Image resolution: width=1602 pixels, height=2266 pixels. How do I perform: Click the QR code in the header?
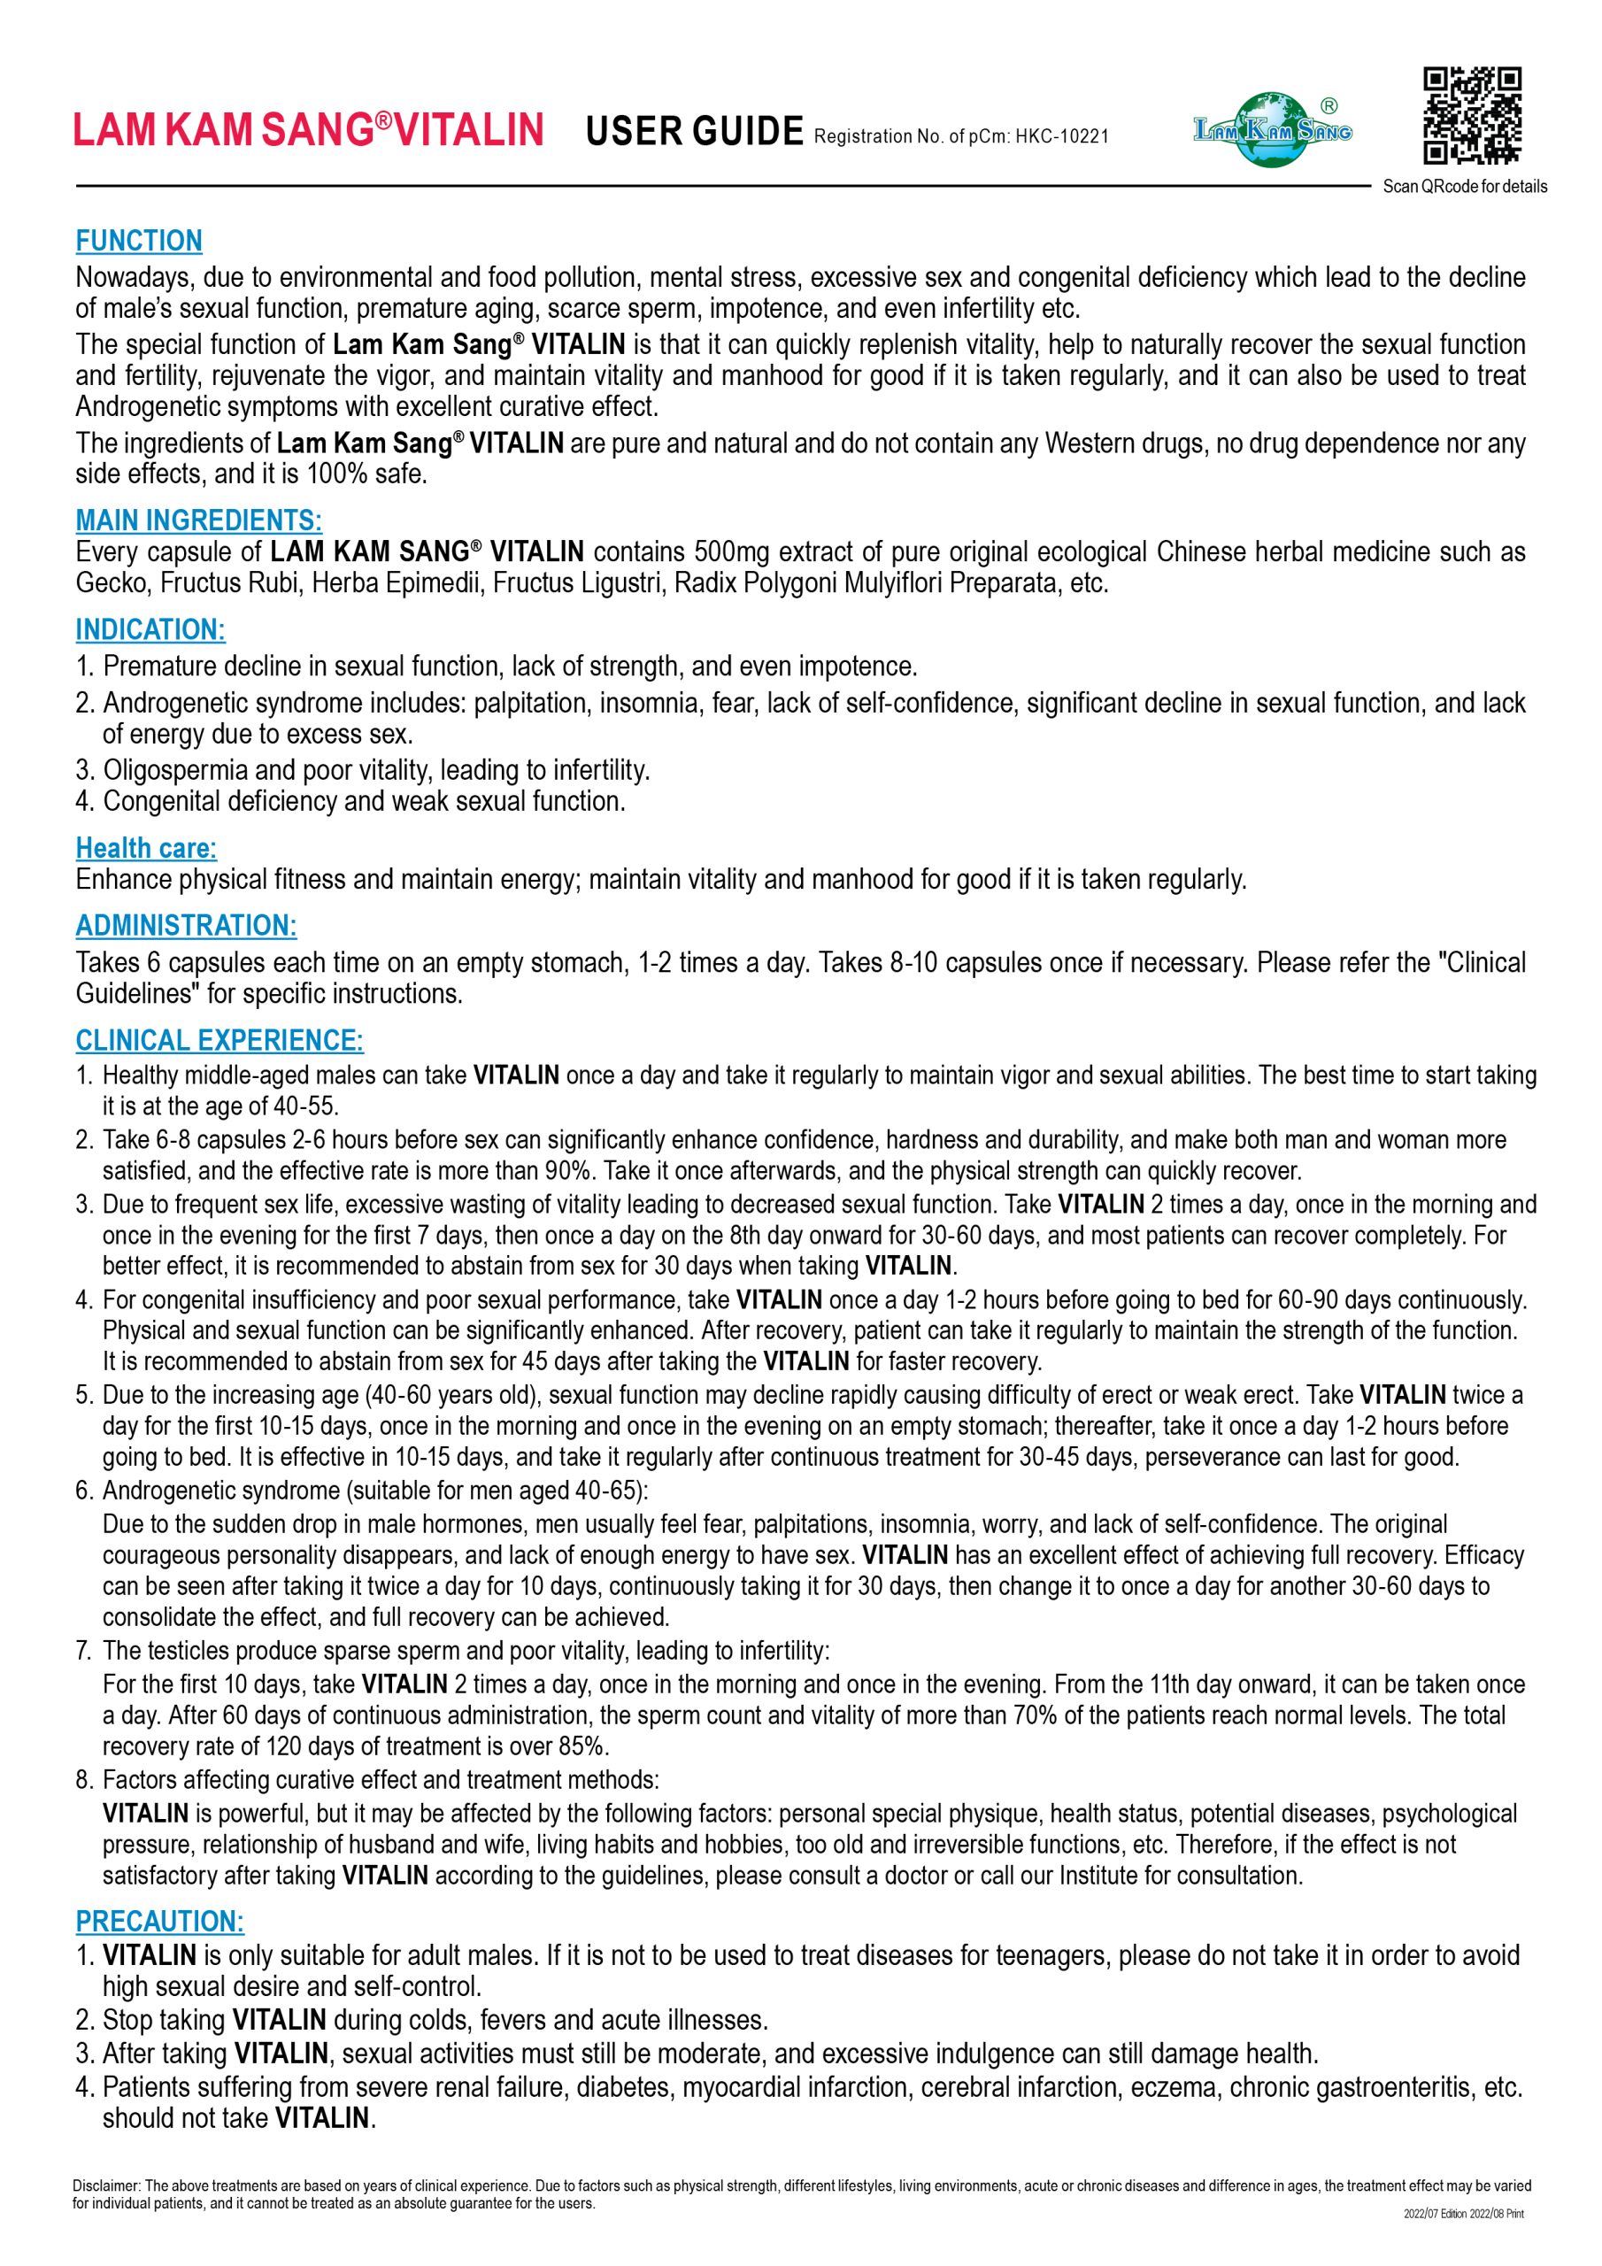[x=1472, y=114]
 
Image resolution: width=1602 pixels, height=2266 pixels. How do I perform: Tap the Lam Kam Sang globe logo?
[x=1271, y=129]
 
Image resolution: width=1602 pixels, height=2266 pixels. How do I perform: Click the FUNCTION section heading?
[x=139, y=241]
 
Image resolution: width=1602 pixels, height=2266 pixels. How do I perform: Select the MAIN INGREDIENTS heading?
[x=198, y=520]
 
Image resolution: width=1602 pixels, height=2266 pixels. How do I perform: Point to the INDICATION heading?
[x=150, y=629]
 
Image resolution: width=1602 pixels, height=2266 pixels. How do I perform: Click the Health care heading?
[x=146, y=848]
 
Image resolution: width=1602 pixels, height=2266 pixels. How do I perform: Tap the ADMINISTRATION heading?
[x=186, y=926]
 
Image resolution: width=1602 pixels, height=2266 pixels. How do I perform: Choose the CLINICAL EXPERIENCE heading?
[x=220, y=1040]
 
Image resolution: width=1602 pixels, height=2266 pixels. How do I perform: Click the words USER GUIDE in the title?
[x=694, y=130]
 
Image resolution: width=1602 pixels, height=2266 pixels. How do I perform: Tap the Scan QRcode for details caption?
[x=1465, y=187]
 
